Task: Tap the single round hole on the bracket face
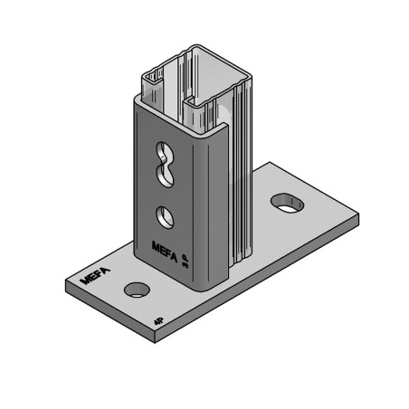(x=163, y=216)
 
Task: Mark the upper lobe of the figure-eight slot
(x=163, y=151)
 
